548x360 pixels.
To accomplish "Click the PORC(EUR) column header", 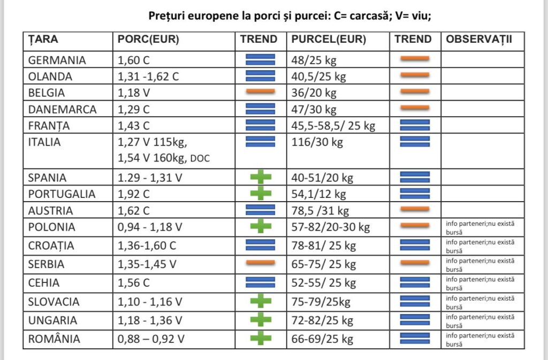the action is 148,39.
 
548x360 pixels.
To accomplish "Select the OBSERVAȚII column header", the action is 479,39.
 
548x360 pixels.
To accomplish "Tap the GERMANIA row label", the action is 57,60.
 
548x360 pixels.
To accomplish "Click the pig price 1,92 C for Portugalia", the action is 133,194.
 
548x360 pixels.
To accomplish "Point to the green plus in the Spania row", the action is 261,177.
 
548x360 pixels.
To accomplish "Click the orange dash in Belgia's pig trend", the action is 261,92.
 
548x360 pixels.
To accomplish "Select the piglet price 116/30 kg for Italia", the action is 317,142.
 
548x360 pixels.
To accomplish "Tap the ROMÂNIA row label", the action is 54,339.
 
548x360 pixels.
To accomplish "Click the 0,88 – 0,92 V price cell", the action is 150,339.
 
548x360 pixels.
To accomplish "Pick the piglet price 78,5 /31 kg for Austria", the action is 320,211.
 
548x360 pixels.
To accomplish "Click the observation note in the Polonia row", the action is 480,228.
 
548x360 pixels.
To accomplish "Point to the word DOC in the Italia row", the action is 200,158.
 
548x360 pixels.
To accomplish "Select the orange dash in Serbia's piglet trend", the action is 415,263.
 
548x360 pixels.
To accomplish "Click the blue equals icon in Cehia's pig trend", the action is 261,282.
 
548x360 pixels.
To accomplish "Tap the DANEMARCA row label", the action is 62,110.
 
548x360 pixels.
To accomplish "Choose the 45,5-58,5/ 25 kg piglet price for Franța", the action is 333,126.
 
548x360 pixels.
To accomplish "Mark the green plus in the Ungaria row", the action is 261,319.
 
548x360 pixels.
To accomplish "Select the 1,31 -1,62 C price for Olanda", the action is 148,76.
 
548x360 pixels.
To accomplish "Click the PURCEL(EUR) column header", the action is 329,39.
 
